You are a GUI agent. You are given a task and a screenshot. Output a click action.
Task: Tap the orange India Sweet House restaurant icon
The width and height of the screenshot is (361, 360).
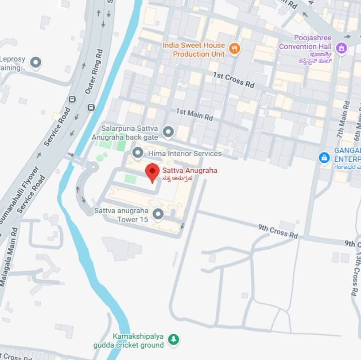tap(234, 49)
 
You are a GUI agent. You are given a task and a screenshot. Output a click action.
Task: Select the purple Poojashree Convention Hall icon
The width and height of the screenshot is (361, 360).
tap(341, 47)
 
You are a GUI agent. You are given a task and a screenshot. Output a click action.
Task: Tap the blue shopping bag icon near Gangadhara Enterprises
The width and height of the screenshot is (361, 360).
tap(324, 157)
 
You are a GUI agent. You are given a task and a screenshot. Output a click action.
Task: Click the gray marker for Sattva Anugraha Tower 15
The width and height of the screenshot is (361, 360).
tap(158, 215)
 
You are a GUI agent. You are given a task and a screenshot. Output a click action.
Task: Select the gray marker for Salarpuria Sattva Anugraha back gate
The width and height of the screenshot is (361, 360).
tap(168, 132)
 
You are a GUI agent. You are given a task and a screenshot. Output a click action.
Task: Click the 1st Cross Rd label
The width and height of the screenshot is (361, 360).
tap(234, 79)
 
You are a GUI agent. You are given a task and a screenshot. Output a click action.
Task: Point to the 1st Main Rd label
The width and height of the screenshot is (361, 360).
tap(194, 114)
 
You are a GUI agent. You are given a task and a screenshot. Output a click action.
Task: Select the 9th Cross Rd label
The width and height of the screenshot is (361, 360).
tap(278, 231)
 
